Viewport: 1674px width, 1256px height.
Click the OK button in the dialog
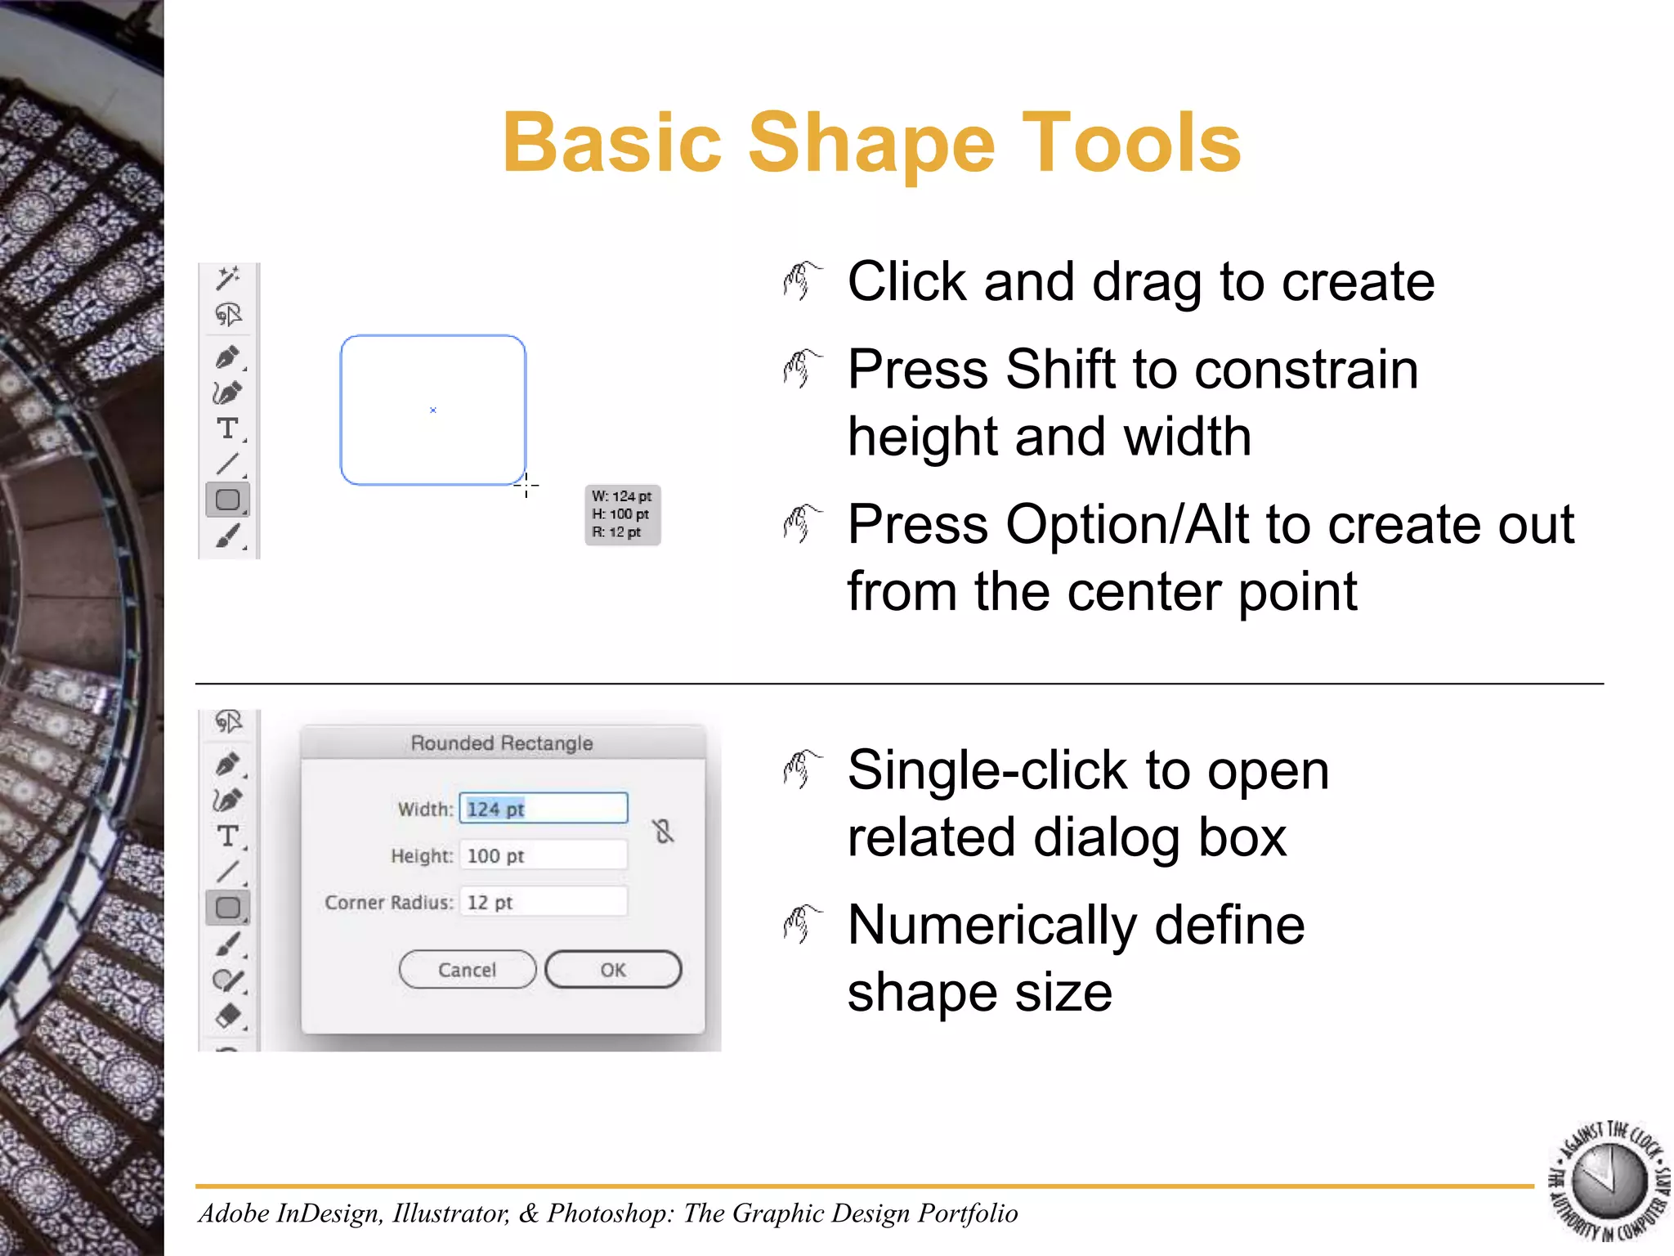pos(613,970)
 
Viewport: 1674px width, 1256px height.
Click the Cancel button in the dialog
pos(467,970)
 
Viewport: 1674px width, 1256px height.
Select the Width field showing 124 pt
pos(543,809)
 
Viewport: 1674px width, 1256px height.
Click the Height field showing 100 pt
pos(543,856)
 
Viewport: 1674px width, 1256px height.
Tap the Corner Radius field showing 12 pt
pos(543,903)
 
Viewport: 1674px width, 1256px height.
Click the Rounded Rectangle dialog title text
pos(502,743)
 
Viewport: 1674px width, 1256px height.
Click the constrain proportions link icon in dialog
pos(663,832)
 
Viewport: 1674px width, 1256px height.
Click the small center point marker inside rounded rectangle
pos(433,410)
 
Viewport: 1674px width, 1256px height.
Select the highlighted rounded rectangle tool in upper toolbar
pos(227,500)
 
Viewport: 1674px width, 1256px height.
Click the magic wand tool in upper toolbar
pos(227,278)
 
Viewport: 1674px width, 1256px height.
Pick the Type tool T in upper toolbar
pos(227,428)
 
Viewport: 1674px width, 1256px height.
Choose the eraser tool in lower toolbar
pos(228,1015)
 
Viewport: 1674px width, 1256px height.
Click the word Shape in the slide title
pos(871,144)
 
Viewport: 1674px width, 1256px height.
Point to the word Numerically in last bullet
pos(991,926)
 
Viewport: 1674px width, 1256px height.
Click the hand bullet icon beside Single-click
pos(801,769)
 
